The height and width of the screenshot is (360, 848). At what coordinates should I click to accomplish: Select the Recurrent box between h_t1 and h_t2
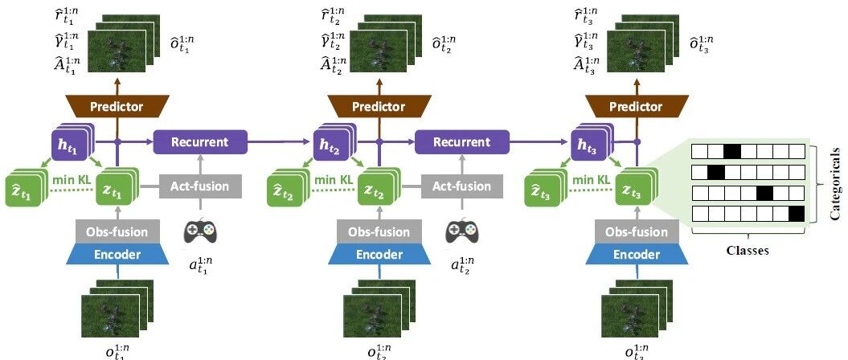pos(199,143)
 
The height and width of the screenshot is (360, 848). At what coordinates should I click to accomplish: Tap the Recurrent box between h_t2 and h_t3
pos(461,143)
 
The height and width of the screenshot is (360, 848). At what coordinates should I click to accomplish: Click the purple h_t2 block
pos(330,145)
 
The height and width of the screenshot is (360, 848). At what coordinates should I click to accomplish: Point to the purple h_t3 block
pos(591,145)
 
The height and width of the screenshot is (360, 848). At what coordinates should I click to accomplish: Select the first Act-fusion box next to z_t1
pos(199,186)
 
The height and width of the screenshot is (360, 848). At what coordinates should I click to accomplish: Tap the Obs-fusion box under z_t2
pos(379,233)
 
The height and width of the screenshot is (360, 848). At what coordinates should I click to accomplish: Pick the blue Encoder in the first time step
pos(117,255)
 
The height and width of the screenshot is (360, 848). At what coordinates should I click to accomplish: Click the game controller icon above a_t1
pos(200,231)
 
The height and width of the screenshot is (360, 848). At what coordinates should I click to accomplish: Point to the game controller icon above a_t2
pos(461,231)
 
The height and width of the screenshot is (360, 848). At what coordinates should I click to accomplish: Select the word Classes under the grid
pos(747,250)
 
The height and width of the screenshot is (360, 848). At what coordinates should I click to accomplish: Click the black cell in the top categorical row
pos(731,151)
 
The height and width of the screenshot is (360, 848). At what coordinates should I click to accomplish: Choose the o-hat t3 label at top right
pos(704,42)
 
